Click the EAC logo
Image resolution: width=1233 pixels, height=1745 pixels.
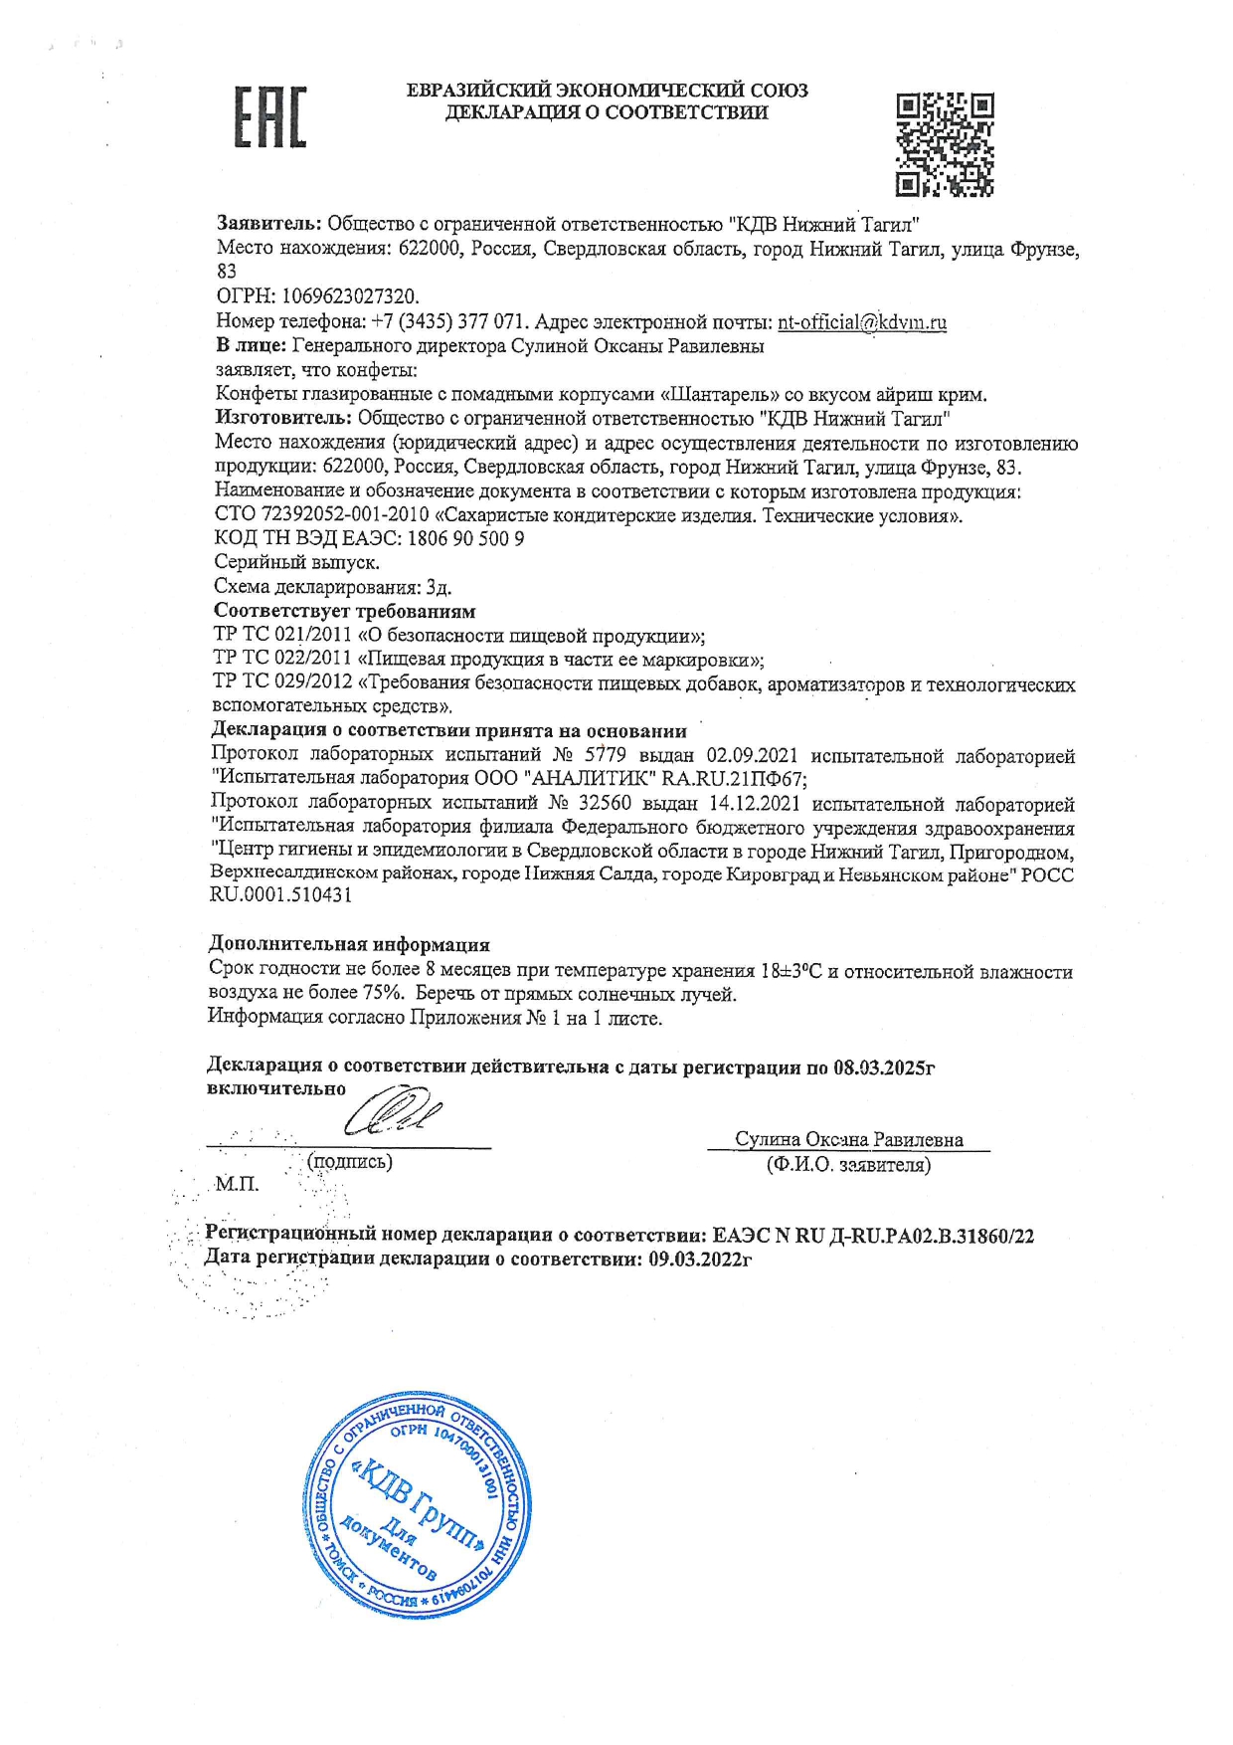click(269, 117)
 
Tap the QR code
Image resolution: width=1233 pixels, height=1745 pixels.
click(944, 144)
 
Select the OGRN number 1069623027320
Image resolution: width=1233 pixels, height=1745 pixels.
click(351, 296)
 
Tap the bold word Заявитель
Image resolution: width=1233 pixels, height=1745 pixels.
click(268, 224)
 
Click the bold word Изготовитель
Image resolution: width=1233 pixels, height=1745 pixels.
click(283, 418)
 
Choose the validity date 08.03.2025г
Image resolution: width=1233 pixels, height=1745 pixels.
click(884, 1067)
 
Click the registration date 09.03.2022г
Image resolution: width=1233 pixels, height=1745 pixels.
click(700, 1260)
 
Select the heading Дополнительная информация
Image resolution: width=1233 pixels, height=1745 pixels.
click(349, 944)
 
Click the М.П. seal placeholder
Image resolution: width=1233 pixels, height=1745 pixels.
click(237, 1184)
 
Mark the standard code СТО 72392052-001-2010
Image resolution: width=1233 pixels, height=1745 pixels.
click(321, 515)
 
